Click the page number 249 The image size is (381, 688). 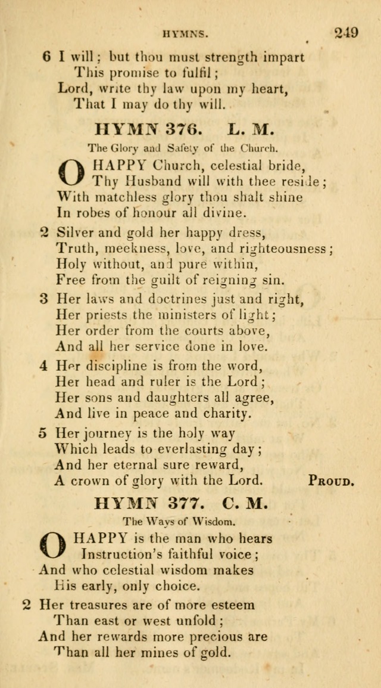[x=346, y=32]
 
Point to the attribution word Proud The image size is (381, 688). [x=332, y=480]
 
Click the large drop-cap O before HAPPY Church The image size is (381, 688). [x=71, y=172]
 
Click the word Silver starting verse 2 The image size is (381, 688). [x=73, y=231]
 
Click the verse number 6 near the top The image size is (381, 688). [x=47, y=57]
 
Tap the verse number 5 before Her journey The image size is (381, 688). [x=43, y=433]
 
